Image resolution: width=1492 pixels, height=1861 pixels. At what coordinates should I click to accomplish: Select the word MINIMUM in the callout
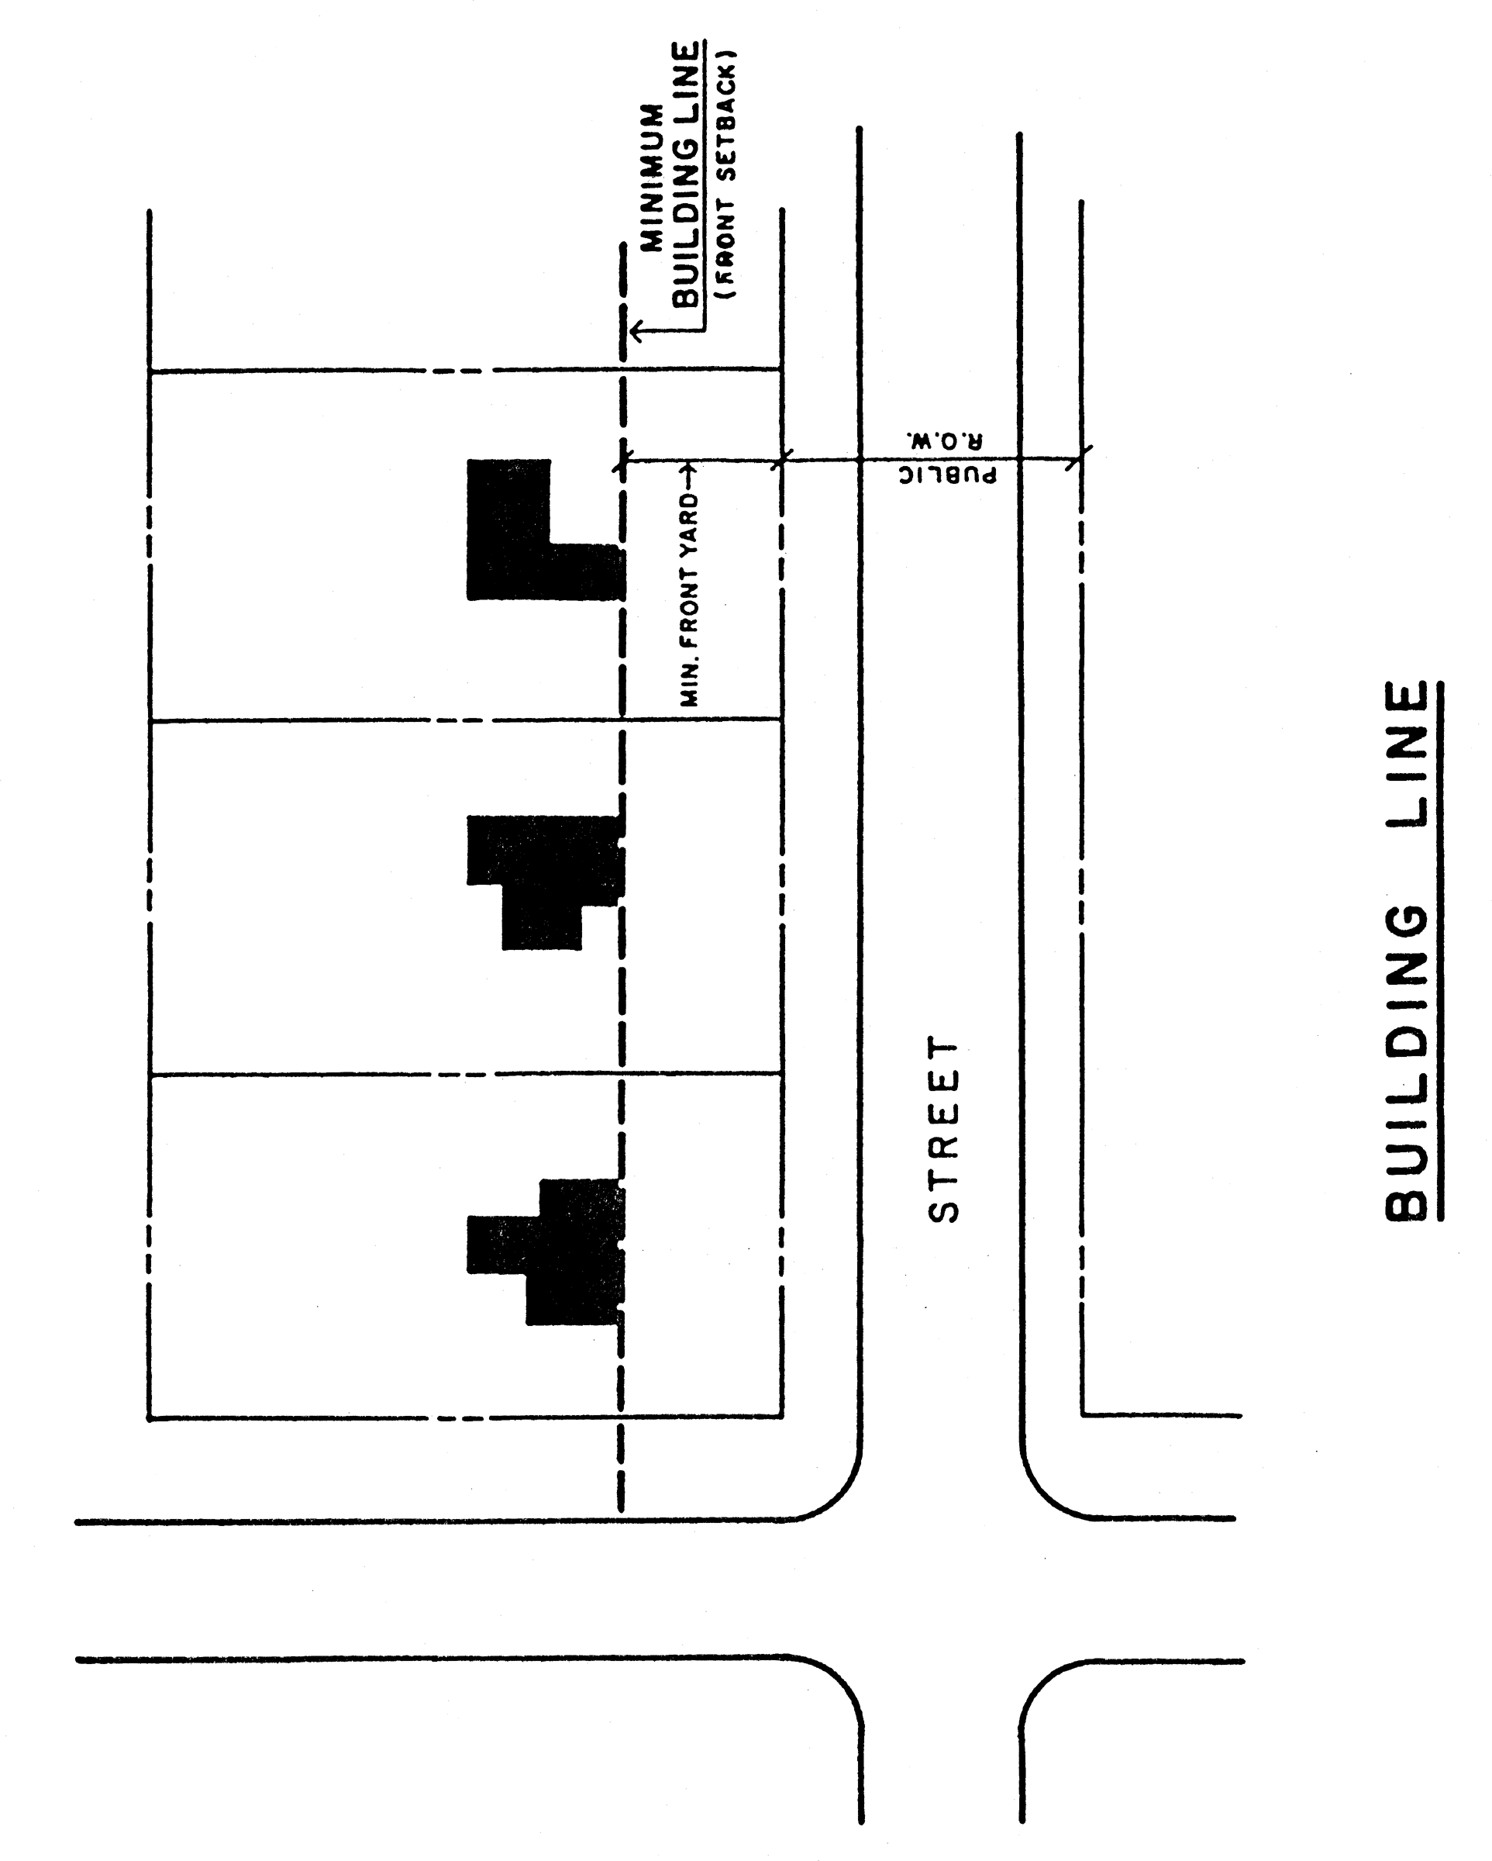(x=653, y=177)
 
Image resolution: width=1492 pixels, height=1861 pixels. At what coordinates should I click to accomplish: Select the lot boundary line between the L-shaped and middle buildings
(x=466, y=719)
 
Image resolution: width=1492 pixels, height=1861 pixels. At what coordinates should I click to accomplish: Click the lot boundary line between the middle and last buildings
(x=466, y=1074)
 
